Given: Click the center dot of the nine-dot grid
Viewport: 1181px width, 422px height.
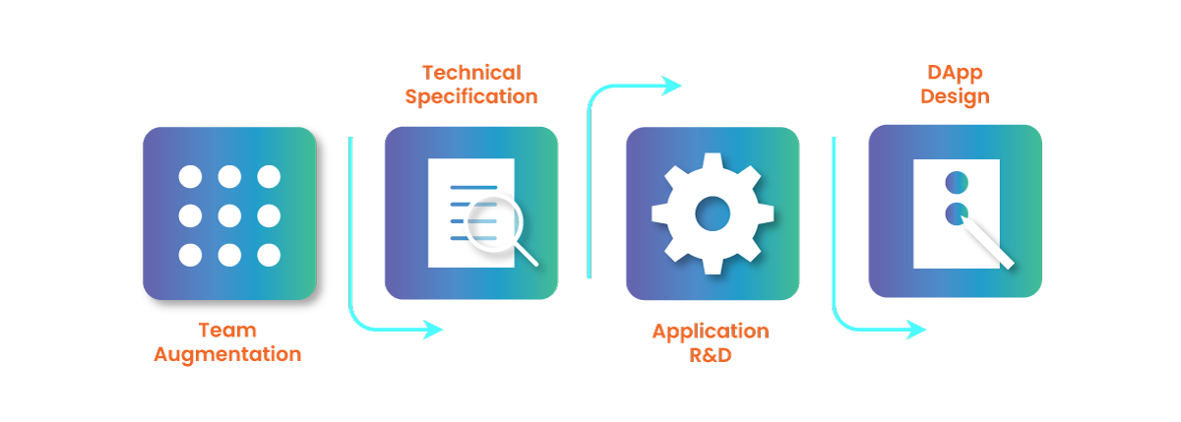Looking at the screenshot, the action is [x=229, y=215].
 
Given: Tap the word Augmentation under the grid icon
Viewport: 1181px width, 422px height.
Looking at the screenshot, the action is [x=227, y=354].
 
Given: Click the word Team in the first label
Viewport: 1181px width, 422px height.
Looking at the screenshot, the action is [x=227, y=332].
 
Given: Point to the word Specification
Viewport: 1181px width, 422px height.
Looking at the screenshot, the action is [x=471, y=98].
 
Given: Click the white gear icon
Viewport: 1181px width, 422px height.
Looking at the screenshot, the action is [x=712, y=212].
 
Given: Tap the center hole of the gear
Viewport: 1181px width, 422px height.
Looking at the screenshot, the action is [x=712, y=212].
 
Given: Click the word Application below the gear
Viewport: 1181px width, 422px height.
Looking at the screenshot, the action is [x=710, y=332].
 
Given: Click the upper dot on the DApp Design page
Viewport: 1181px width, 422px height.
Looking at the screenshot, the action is [x=956, y=182].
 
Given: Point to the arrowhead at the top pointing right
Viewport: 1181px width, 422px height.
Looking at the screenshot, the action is [x=672, y=86].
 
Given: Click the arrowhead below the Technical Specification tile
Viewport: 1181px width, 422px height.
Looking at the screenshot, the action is [x=432, y=332].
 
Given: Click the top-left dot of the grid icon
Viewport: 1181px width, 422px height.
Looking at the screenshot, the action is [x=190, y=177].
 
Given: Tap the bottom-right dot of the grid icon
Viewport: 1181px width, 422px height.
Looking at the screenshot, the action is [x=269, y=255].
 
